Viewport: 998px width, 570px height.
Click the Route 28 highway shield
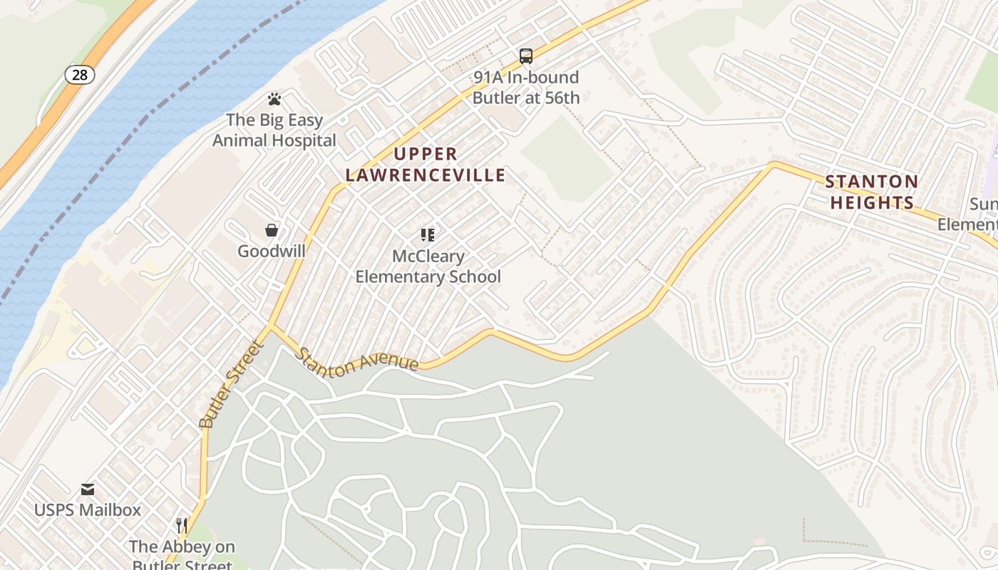pos(79,74)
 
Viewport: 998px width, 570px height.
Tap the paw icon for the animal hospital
pos(274,99)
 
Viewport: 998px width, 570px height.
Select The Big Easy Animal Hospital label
pos(274,130)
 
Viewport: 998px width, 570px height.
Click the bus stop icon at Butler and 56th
pos(526,56)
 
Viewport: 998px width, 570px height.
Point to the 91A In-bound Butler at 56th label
pos(526,87)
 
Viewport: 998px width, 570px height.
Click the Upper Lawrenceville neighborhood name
pos(426,164)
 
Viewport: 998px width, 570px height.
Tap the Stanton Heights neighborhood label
pos(872,192)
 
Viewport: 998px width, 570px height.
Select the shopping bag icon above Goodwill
pos(272,229)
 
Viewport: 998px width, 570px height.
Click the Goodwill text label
pos(272,251)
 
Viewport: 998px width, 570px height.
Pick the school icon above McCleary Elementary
pos(428,234)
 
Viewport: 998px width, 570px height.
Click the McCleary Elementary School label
pos(428,266)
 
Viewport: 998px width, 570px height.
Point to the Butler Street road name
pos(231,385)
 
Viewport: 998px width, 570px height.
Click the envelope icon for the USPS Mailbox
pos(88,489)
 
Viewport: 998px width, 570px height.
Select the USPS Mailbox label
pos(88,510)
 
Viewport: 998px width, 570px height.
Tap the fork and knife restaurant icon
pos(182,526)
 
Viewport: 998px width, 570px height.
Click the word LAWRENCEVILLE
pos(426,175)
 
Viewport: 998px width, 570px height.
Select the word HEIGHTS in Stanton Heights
pos(872,202)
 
